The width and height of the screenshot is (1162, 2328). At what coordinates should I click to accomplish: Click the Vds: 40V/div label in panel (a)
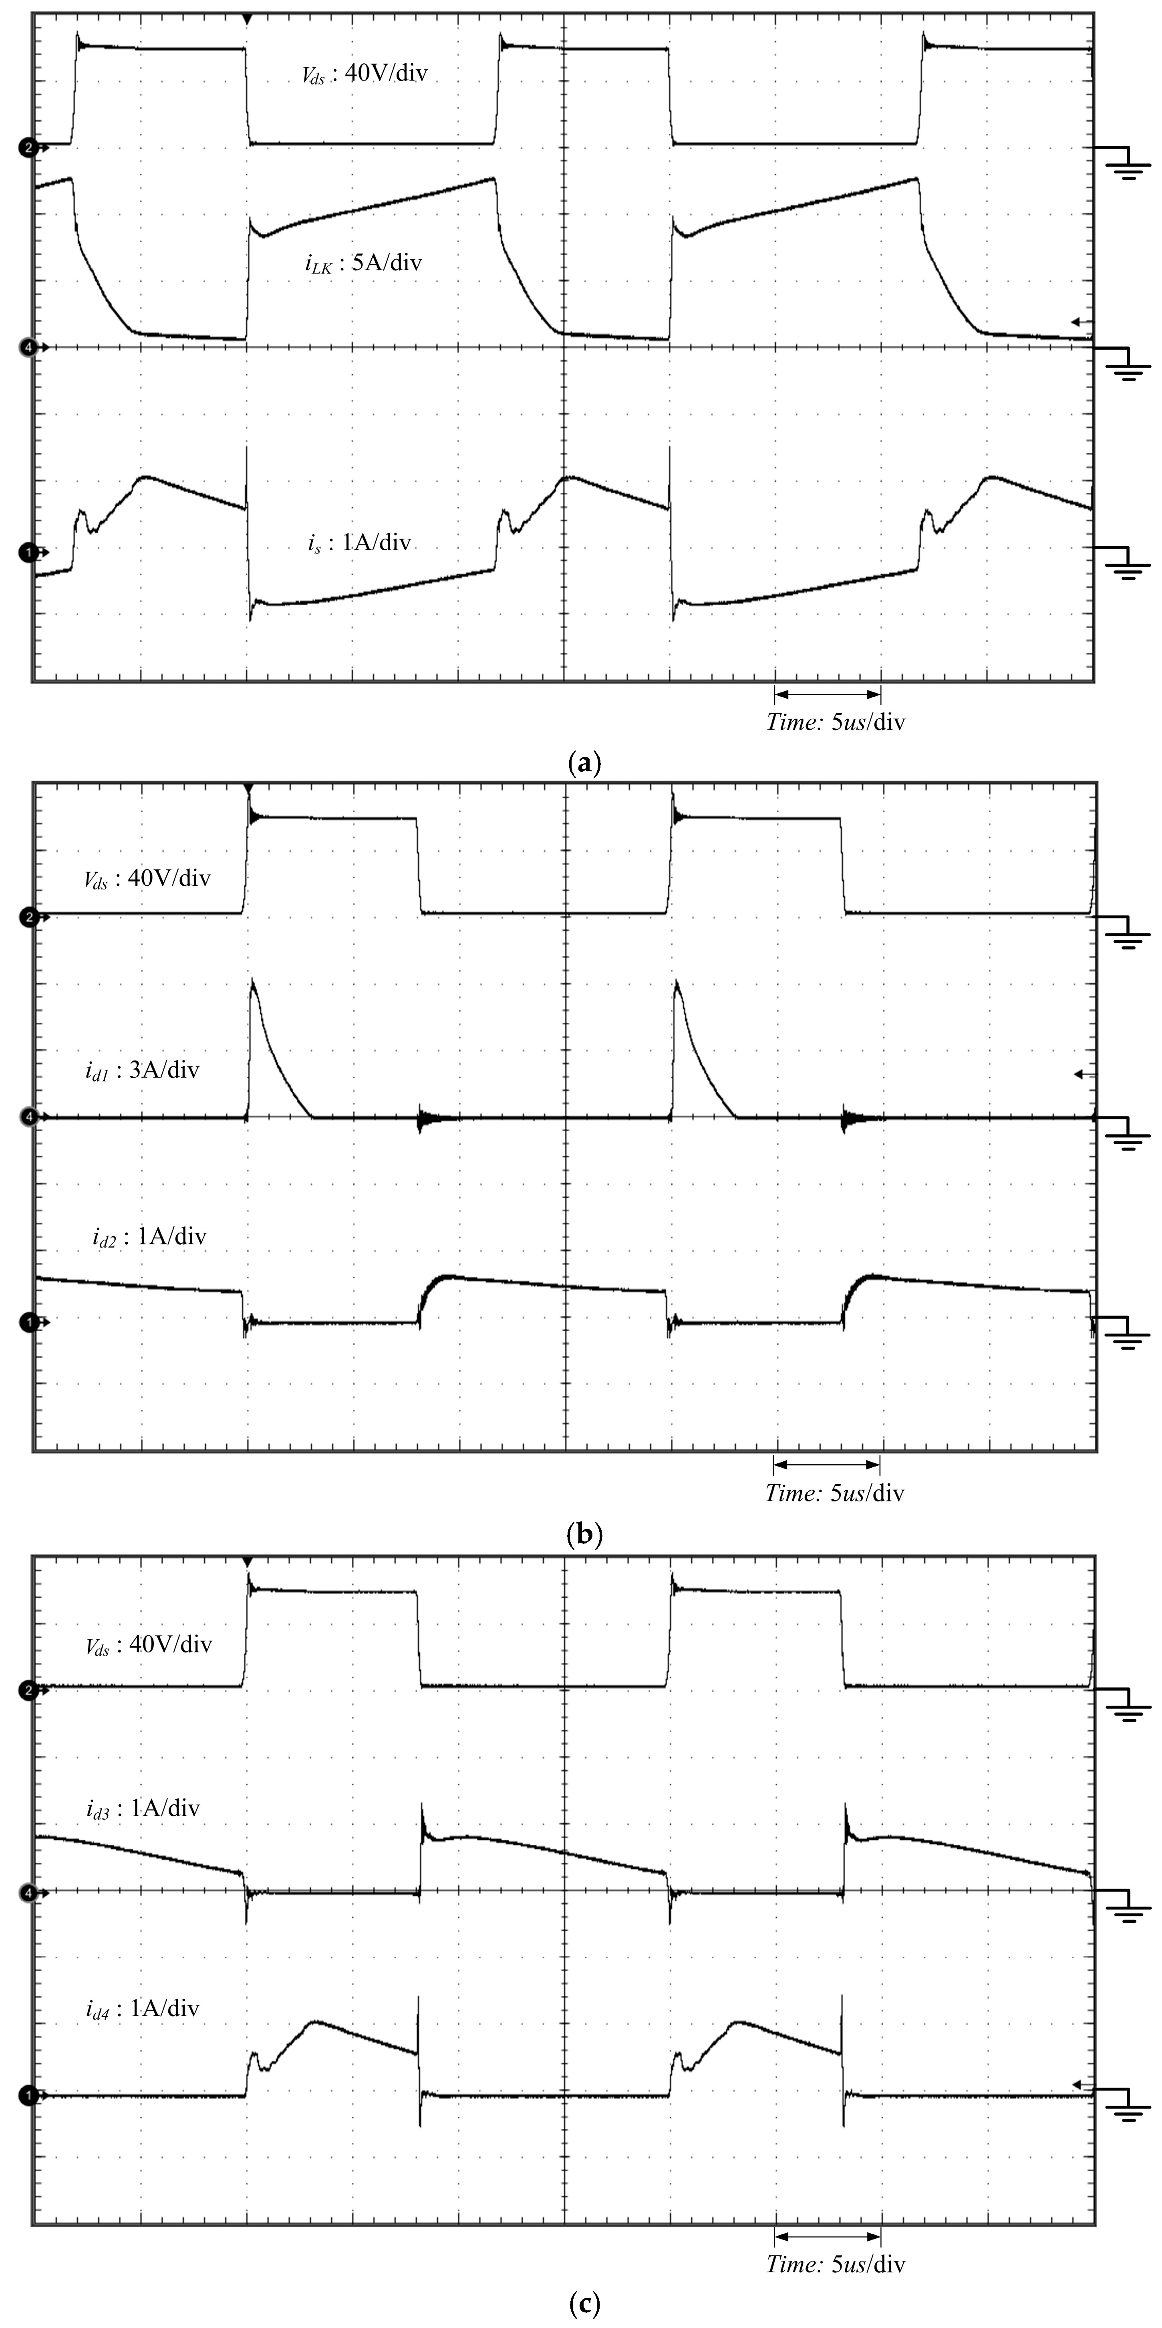pos(364,74)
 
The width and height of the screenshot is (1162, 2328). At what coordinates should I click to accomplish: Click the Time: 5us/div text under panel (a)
pos(835,722)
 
